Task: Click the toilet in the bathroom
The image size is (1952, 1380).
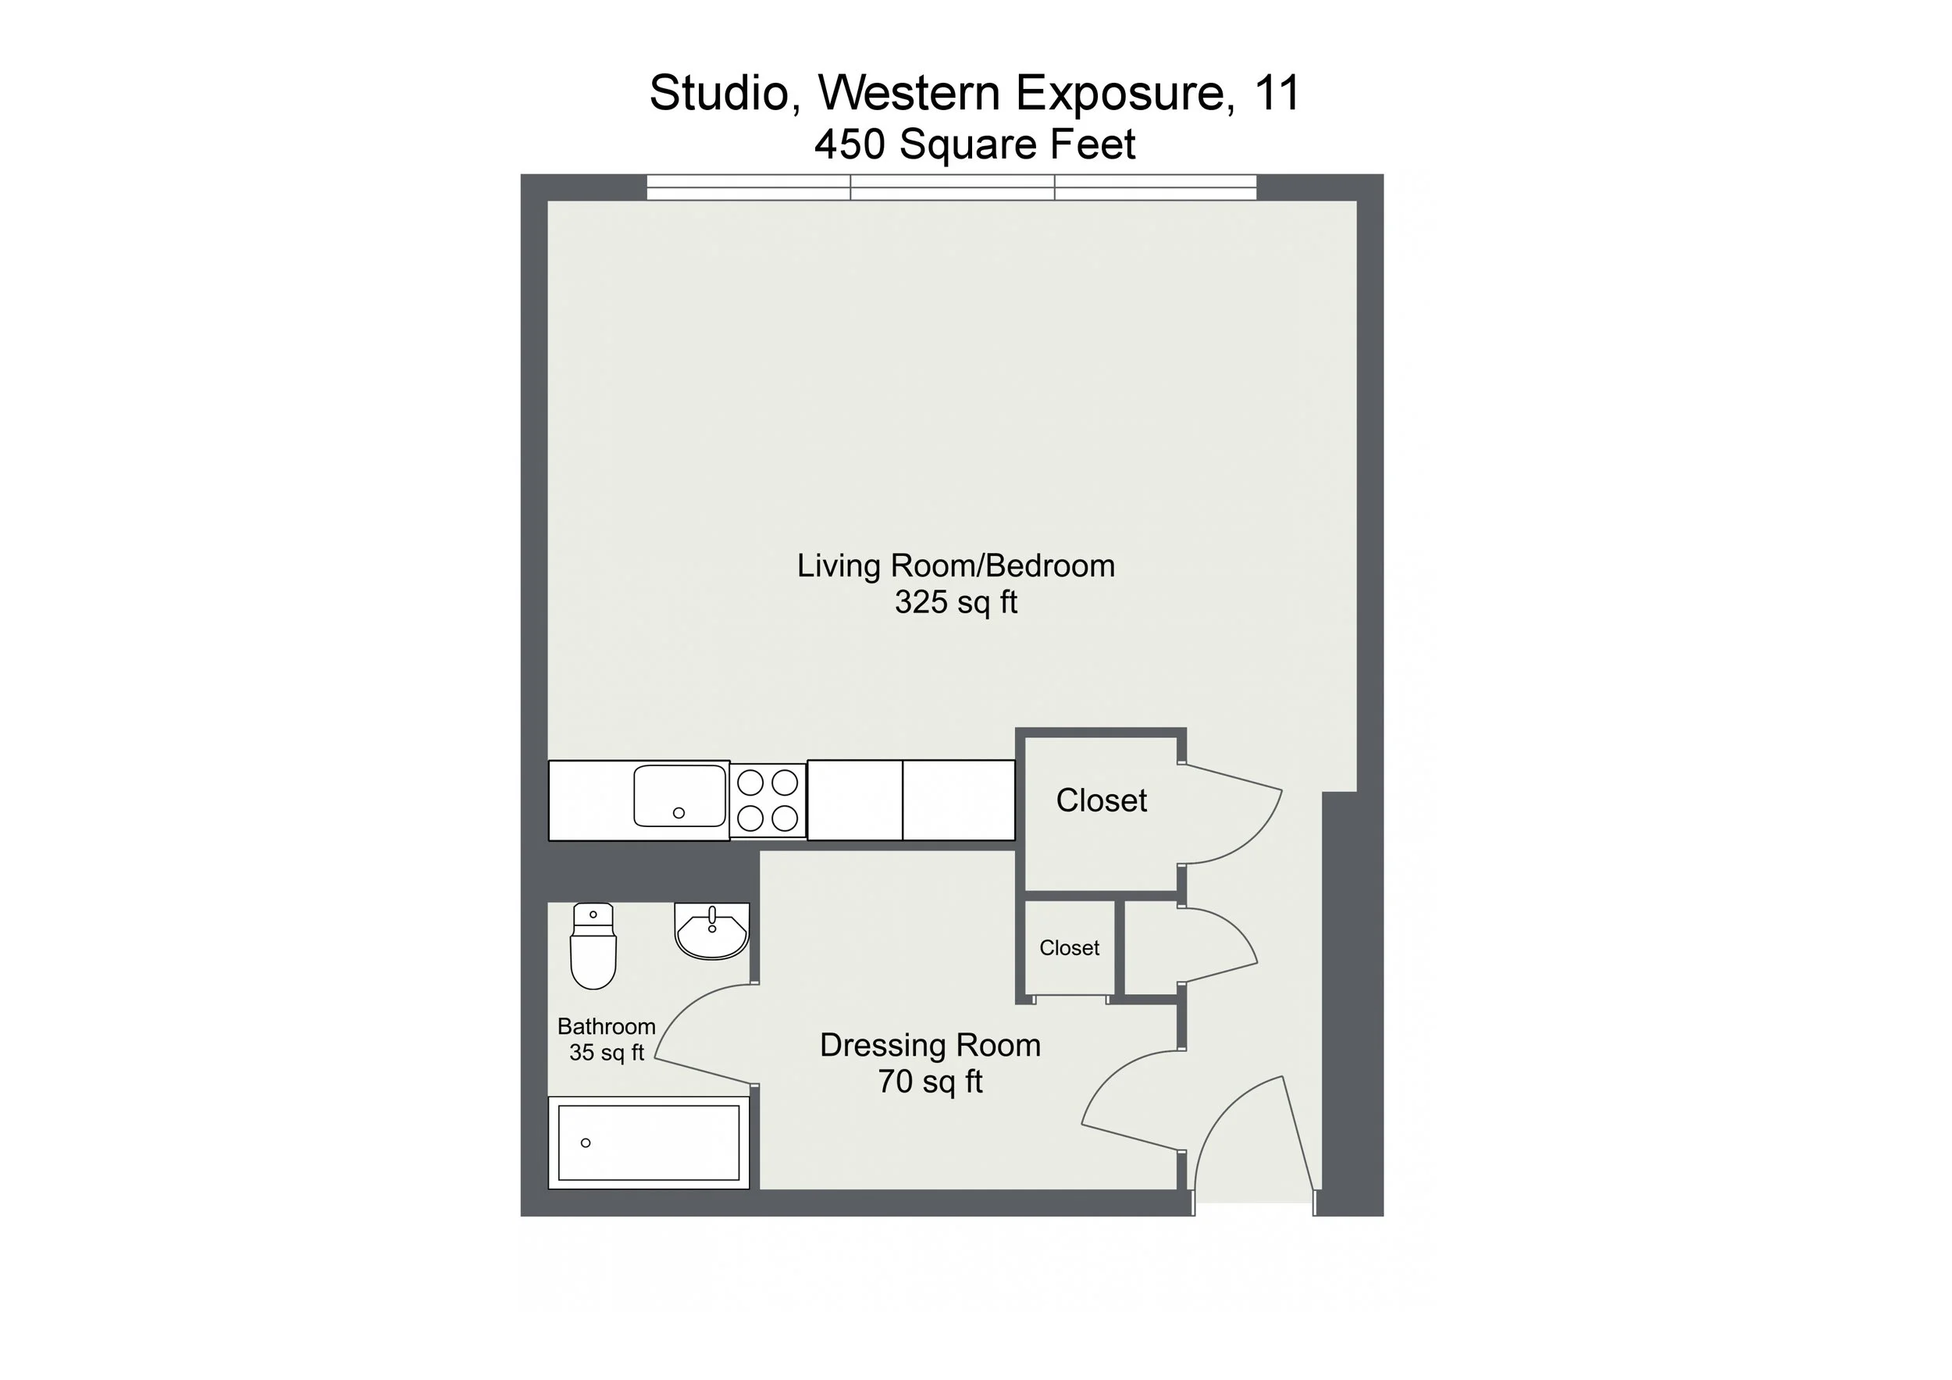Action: pos(593,947)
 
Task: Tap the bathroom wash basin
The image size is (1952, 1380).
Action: pos(711,932)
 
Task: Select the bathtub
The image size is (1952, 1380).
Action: pos(649,1143)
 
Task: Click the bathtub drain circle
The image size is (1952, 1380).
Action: pos(586,1143)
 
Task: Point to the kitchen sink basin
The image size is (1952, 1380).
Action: pos(679,796)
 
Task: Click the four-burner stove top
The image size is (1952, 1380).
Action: pos(768,800)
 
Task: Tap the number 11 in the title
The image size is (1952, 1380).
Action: pos(1277,93)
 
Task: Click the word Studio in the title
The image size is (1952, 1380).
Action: pos(719,93)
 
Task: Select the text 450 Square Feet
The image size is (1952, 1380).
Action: pos(974,144)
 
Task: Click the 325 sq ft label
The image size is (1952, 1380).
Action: pos(956,603)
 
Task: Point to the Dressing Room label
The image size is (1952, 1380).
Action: pos(930,1045)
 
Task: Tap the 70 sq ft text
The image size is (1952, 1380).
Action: pos(930,1082)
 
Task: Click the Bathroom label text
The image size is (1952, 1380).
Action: pos(606,1026)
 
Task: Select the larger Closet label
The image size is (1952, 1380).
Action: pos(1101,800)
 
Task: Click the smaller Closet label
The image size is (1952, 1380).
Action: pos(1069,948)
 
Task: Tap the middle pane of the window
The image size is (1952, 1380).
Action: pos(953,188)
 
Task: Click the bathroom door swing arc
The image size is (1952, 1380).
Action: pos(680,1012)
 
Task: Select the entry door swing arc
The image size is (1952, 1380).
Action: pos(1224,1114)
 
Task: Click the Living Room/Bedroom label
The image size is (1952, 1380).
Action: pos(956,566)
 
